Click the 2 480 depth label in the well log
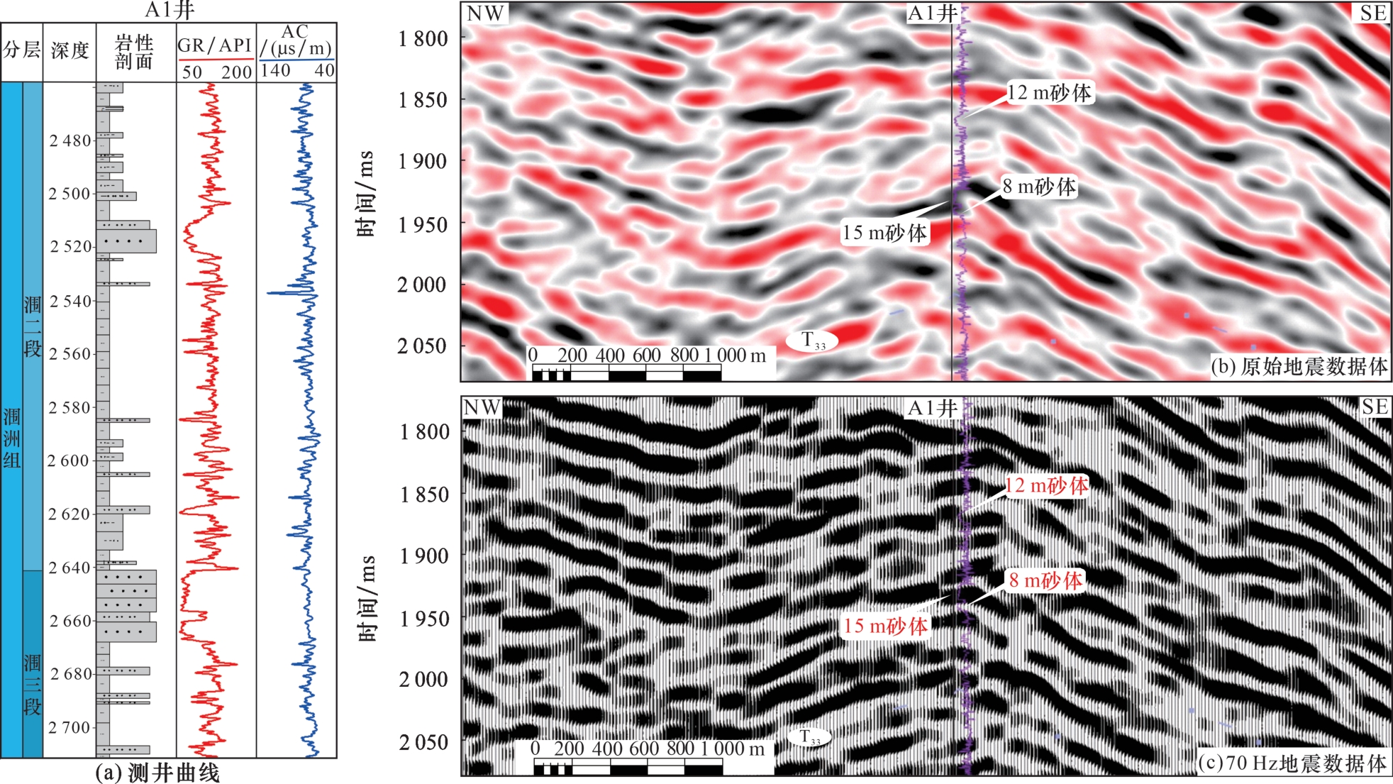pos(70,140)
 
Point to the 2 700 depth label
pos(70,727)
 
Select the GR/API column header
pos(215,45)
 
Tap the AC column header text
pos(295,40)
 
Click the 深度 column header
pos(70,50)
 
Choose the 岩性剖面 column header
pos(135,52)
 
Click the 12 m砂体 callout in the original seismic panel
pos(1049,93)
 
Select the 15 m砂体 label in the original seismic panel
pos(884,233)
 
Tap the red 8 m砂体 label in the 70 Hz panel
pos(1045,580)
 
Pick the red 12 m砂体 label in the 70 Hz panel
pos(1046,486)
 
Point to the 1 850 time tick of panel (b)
pos(423,100)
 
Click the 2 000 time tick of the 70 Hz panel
pos(423,680)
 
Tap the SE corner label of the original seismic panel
pos(1372,13)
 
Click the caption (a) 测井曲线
pos(157,773)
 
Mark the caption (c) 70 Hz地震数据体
pos(1292,763)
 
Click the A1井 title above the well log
pos(169,10)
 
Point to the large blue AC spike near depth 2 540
pos(273,292)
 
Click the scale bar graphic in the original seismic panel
pos(626,373)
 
